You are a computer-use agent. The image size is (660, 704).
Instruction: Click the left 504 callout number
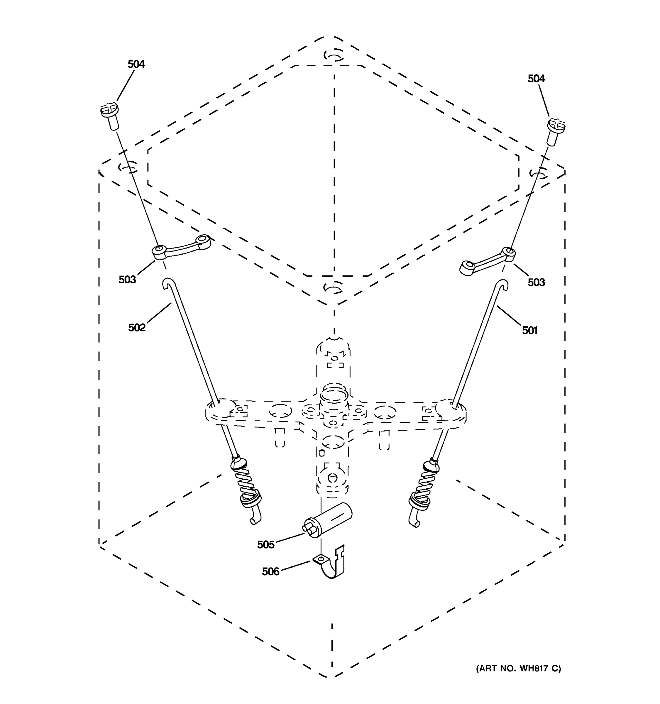click(136, 64)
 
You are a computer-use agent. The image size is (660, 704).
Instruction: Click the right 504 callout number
click(536, 79)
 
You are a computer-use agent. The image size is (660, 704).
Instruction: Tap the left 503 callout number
click(127, 280)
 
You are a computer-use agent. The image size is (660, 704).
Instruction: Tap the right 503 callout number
click(536, 282)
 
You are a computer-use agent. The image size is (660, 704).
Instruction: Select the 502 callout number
click(137, 328)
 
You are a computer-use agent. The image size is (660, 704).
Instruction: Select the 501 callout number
click(530, 330)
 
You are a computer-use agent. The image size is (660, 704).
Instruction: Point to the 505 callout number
click(265, 545)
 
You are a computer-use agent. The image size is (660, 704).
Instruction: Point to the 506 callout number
click(270, 571)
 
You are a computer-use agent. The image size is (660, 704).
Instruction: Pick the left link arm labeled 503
click(181, 246)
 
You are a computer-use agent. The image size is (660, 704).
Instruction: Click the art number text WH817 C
click(518, 668)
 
